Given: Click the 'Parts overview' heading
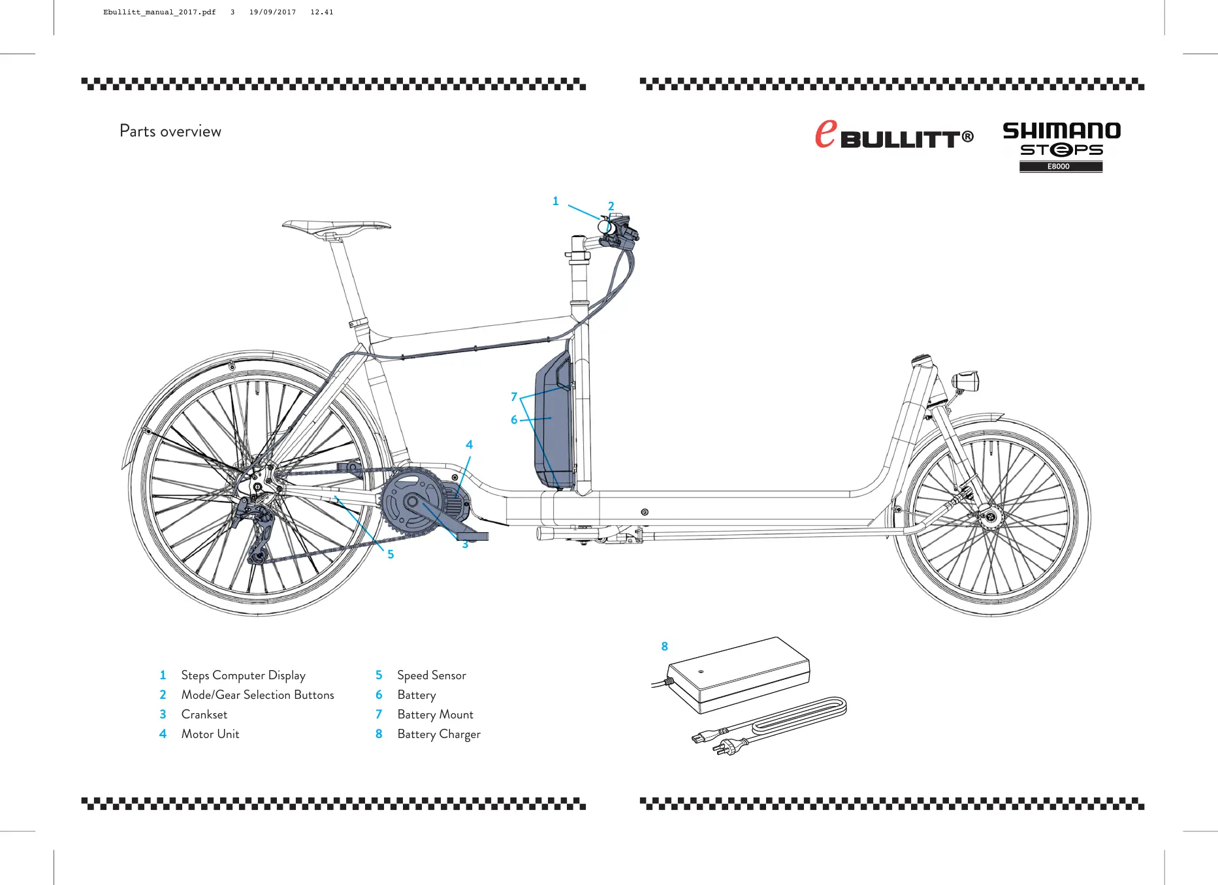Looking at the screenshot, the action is [170, 131].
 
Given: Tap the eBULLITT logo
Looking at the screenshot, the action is [893, 135].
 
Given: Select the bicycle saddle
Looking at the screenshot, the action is [336, 227].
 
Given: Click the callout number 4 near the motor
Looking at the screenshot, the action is [469, 445].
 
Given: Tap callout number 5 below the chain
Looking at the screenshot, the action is [391, 555].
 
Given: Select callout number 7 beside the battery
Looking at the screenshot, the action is [514, 396].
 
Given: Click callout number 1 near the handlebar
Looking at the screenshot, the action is [556, 201].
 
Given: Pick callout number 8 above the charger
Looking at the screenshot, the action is [664, 647].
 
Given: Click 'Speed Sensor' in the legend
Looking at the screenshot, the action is [431, 675].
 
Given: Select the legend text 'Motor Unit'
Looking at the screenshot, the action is [210, 734].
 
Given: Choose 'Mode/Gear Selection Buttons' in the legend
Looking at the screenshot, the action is [257, 695].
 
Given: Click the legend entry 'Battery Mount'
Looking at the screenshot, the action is [435, 715].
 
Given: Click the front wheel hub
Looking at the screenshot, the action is [991, 517].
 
